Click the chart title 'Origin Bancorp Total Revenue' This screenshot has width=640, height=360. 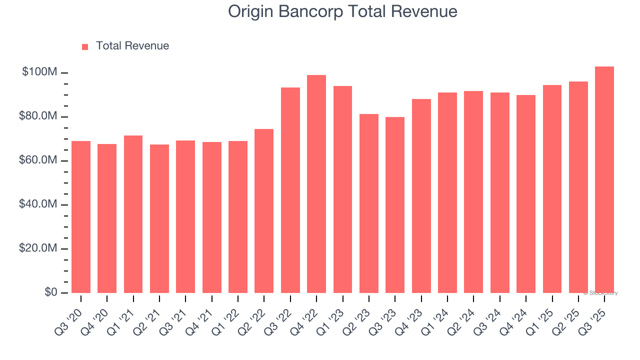pyautogui.click(x=342, y=11)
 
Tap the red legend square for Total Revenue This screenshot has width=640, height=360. pyautogui.click(x=85, y=46)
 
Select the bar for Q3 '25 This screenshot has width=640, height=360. pyautogui.click(x=604, y=179)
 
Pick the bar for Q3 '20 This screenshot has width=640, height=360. pyautogui.click(x=81, y=217)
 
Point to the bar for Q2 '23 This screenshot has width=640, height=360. pyautogui.click(x=369, y=203)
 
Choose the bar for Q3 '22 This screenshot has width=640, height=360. pyautogui.click(x=290, y=190)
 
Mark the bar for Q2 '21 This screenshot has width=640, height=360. pyautogui.click(x=159, y=218)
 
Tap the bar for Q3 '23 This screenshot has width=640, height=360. pyautogui.click(x=395, y=205)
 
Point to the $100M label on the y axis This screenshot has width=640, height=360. pyautogui.click(x=39, y=72)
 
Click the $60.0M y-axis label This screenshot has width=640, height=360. pyautogui.click(x=38, y=160)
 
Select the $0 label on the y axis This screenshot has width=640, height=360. pyautogui.click(x=50, y=292)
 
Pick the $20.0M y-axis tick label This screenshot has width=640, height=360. pyautogui.click(x=38, y=248)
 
